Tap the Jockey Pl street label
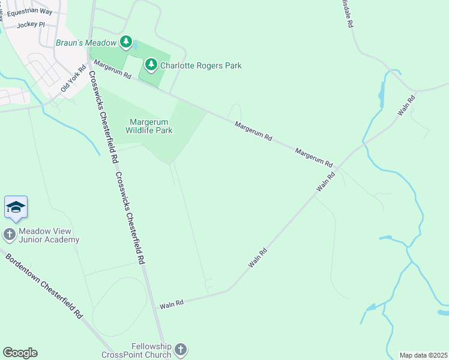pos(31,25)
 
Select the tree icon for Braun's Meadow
pos(125,42)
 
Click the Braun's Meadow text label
pos(86,43)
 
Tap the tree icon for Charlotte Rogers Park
pos(150,64)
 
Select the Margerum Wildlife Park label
pos(149,125)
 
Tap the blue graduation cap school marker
pos(16,207)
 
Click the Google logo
pos(20,353)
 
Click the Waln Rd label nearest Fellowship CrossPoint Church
pos(171,305)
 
